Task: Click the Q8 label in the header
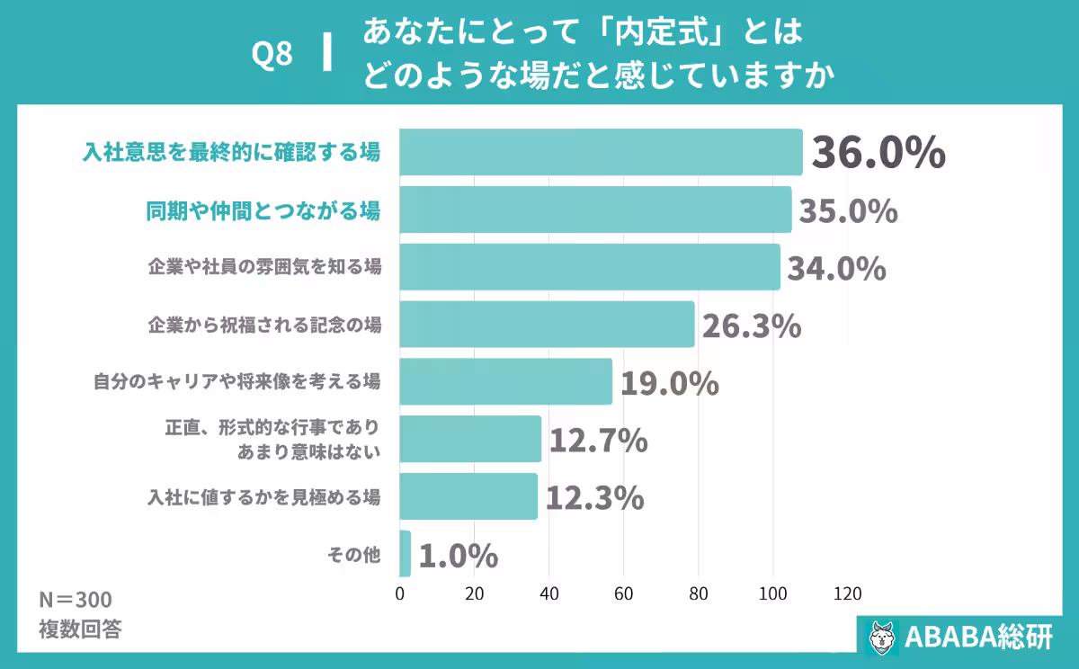click(272, 55)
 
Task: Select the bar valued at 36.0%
click(601, 152)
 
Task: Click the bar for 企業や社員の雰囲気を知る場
click(589, 267)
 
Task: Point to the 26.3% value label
click(751, 326)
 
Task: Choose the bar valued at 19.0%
click(505, 381)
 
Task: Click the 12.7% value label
click(598, 441)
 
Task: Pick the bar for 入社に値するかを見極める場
click(468, 496)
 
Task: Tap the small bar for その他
click(405, 553)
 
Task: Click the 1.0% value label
click(459, 556)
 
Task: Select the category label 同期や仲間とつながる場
click(263, 210)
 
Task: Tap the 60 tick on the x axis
click(624, 593)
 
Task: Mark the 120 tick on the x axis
click(847, 593)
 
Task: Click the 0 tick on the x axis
click(400, 593)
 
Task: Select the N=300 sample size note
click(76, 600)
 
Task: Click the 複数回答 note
click(80, 629)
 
